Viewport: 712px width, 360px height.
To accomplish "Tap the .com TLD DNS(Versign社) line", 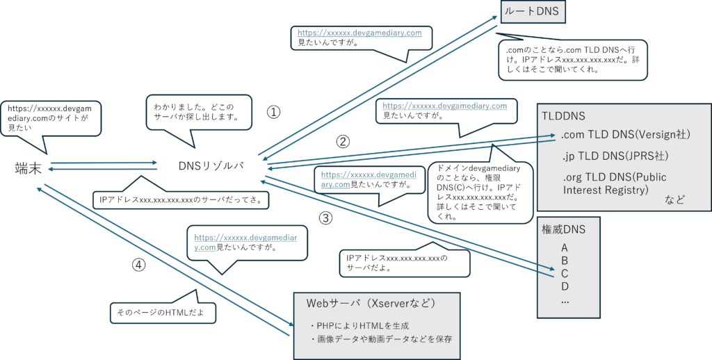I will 625,134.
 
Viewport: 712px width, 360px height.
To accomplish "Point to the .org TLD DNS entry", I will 615,183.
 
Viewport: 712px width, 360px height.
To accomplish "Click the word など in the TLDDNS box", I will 674,200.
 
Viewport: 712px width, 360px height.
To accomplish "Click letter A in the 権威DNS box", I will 565,247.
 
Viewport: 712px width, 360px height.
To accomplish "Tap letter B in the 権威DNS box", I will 565,261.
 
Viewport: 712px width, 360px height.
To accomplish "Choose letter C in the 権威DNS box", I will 565,273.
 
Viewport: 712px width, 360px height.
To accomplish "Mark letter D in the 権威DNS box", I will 565,286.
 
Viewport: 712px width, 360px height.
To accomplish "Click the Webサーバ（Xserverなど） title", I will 371,304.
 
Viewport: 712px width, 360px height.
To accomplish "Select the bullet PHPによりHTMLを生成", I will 359,325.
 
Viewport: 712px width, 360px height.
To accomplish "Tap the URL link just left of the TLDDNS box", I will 445,106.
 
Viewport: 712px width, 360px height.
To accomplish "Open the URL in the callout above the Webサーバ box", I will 246,242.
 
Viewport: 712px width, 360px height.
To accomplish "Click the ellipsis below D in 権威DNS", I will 565,300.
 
